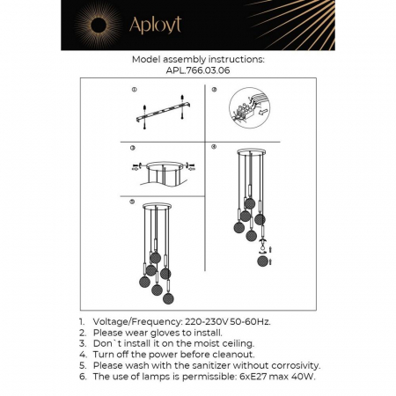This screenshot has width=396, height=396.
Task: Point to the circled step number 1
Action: [x=133, y=89]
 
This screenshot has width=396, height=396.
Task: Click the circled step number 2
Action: [x=214, y=89]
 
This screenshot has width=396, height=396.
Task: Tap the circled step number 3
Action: [x=133, y=148]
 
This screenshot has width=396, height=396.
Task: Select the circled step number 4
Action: [x=214, y=148]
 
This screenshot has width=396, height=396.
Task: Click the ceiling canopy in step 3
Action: [x=162, y=166]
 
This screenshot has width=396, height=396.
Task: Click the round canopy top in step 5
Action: [x=157, y=209]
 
